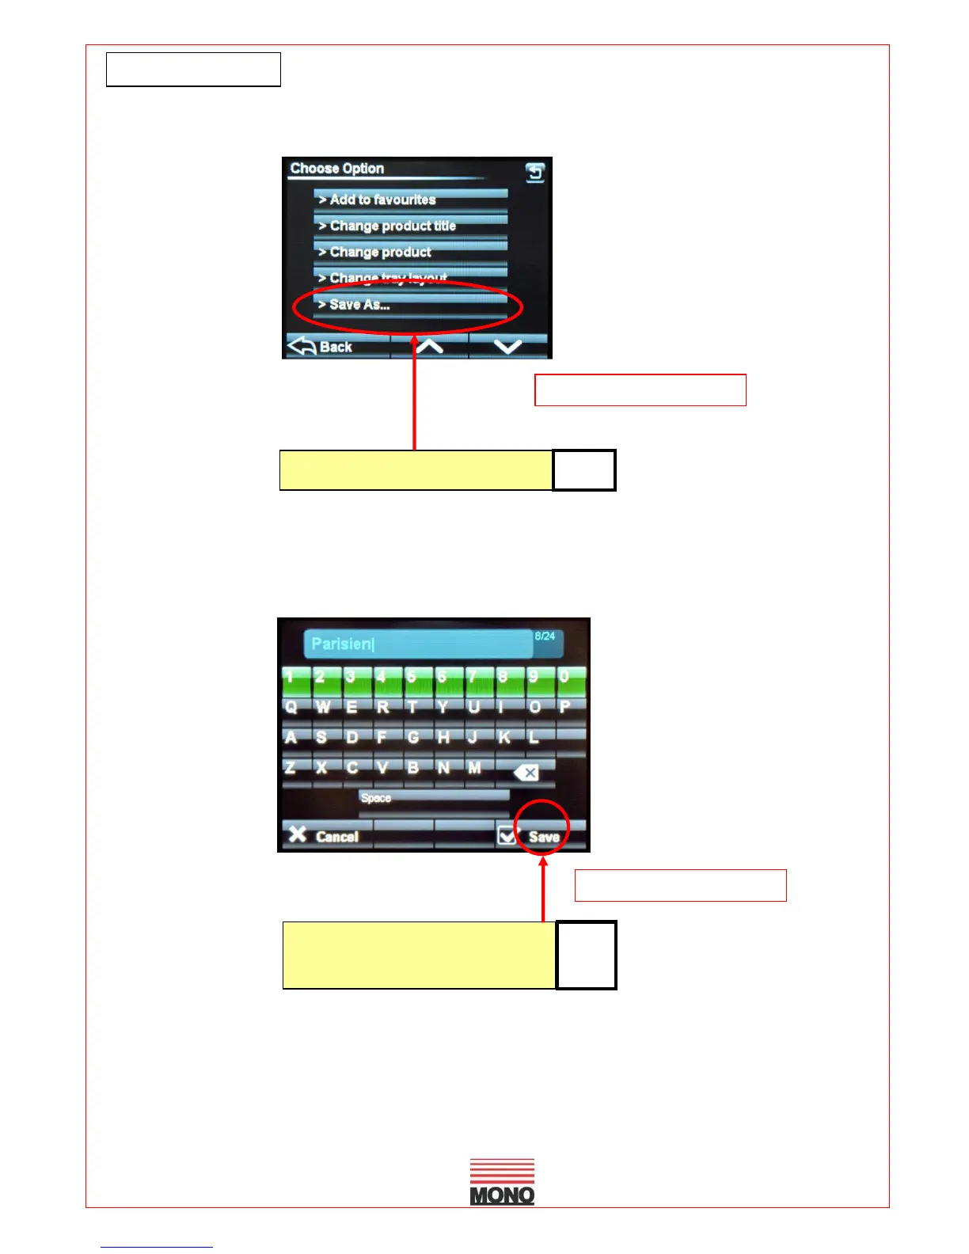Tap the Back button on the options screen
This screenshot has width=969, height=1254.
[x=323, y=346]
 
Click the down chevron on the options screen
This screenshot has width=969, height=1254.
[x=507, y=346]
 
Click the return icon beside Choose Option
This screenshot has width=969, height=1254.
[x=535, y=172]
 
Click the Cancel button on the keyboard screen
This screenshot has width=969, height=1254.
[x=325, y=836]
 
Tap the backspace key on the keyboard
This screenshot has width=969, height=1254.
[x=526, y=772]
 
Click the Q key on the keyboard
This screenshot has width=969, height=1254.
[x=291, y=707]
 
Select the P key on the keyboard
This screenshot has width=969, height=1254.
[x=564, y=707]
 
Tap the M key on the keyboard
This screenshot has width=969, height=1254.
[x=474, y=768]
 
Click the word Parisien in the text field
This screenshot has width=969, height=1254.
[x=341, y=644]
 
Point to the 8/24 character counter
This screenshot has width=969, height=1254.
[x=545, y=636]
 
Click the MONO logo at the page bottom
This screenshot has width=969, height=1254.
[x=502, y=1182]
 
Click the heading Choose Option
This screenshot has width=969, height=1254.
[x=337, y=169]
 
